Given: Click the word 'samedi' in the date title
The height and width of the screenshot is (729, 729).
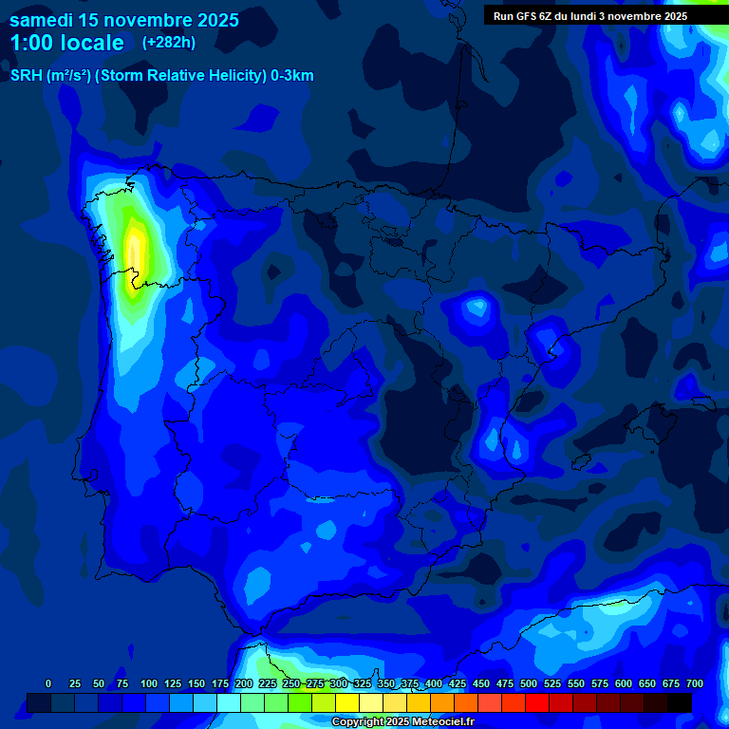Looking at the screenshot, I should coord(43,20).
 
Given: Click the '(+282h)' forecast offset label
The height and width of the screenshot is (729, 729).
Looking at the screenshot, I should coord(168,42).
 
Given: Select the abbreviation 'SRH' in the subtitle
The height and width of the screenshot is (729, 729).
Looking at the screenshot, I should coord(26,76).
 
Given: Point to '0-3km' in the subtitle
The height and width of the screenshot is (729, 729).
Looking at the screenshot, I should coord(292,76).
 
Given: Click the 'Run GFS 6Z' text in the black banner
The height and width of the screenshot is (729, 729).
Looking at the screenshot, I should coord(523,16).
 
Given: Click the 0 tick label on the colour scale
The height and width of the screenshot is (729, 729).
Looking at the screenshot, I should coord(48,683).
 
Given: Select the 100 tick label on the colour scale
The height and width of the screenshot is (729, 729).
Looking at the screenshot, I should coord(149,683).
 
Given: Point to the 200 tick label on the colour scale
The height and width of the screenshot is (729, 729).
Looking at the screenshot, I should coord(244,683).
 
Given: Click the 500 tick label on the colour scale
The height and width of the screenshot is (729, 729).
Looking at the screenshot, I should coord(529,683).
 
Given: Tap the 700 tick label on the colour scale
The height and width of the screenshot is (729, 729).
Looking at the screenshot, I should coord(695,683).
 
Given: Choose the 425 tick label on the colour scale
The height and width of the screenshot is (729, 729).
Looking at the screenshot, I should coord(458,683).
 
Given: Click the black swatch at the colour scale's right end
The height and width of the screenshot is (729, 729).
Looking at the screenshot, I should coord(680,702).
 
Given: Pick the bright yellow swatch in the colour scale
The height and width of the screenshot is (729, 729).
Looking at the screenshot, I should coord(347,702).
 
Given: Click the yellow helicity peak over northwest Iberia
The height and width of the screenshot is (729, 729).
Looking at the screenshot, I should coord(135,252).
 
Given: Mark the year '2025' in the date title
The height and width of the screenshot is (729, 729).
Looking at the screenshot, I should coord(214,20).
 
